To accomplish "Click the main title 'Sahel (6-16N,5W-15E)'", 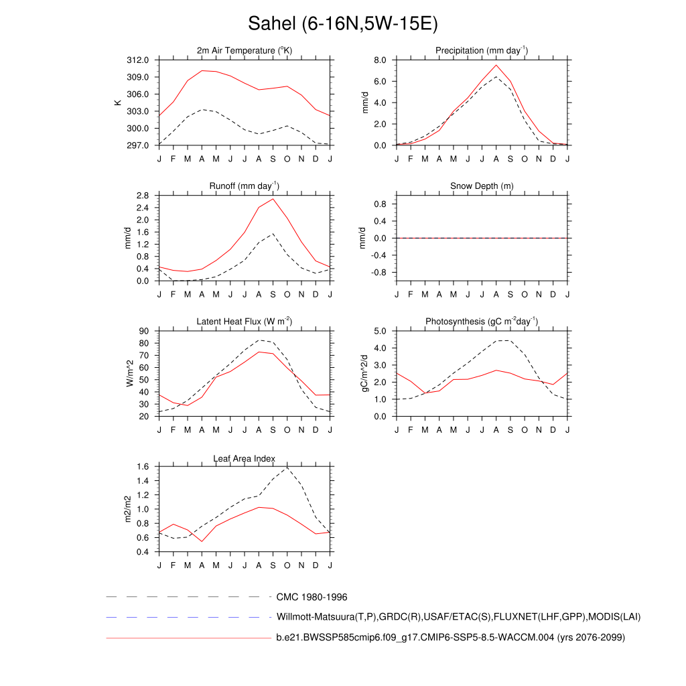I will coord(342,24).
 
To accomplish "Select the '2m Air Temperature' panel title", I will coord(245,50).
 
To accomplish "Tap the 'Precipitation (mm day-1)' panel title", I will coord(482,50).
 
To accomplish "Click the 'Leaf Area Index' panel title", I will coord(245,458).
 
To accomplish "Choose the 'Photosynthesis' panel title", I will coord(482,322).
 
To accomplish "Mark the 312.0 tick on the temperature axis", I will coord(139,60).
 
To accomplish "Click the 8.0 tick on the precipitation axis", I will coord(379,60).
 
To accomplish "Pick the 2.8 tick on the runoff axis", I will coord(142,196).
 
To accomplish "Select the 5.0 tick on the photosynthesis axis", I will coord(379,331).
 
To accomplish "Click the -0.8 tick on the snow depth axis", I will coord(378,273).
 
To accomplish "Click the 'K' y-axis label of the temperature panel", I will coord(118,102).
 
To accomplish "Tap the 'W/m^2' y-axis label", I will coord(130,373).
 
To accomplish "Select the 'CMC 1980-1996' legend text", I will coord(312,597).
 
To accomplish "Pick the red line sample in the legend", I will coord(188,637).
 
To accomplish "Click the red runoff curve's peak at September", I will coord(273,199).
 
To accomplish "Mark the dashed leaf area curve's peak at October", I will coord(287,467).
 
